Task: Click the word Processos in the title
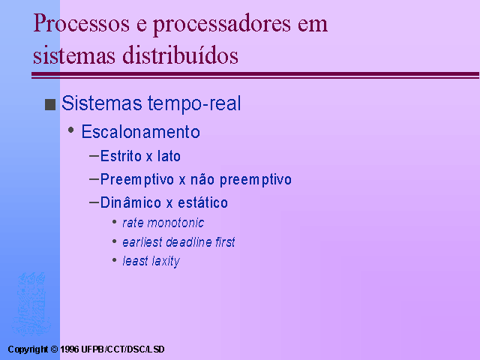[82, 23]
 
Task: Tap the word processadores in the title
[222, 25]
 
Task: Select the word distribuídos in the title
[180, 55]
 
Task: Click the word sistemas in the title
[74, 55]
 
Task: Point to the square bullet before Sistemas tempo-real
[50, 104]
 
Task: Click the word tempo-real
[194, 103]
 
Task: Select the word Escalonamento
[141, 132]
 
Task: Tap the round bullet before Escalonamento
[71, 130]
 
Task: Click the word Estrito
[121, 156]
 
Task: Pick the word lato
[169, 156]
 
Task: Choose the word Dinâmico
[130, 202]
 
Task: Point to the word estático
[203, 202]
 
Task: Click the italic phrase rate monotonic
[163, 223]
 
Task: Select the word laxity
[166, 262]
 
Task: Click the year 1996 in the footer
[69, 349]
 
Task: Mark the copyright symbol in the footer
[55, 349]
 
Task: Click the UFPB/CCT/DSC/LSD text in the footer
[123, 349]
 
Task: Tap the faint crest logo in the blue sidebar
[31, 304]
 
